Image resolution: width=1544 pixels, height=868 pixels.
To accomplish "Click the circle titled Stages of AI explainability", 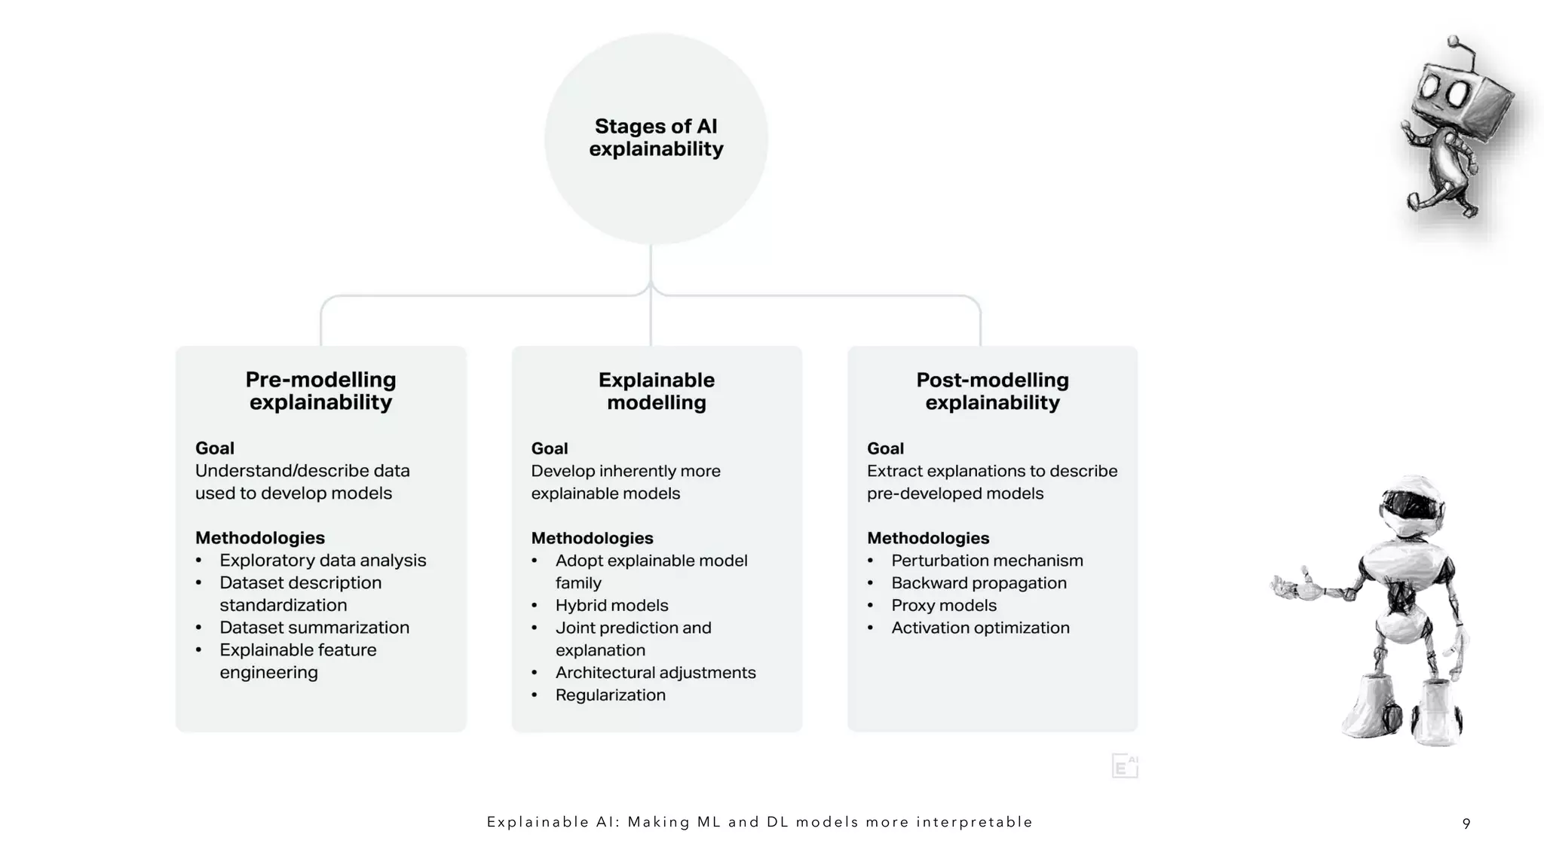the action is click(x=656, y=138).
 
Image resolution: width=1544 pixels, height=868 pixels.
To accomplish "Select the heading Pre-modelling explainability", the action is click(x=320, y=390).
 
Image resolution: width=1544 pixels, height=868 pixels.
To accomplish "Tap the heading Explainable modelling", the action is click(x=657, y=391).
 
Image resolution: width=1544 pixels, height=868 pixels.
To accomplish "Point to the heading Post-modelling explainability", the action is click(x=992, y=391).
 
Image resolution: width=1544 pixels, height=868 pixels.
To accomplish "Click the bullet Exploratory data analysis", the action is click(x=323, y=561).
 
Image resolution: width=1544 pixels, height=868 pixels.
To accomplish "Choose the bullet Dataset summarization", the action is click(x=314, y=628).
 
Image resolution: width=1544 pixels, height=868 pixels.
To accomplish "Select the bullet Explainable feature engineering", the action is click(x=298, y=661).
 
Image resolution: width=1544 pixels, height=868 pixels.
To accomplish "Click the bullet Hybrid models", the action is click(x=611, y=606).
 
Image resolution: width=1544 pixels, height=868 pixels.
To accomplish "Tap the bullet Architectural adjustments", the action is click(x=655, y=673).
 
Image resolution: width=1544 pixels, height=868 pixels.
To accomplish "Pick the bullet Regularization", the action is click(x=610, y=695).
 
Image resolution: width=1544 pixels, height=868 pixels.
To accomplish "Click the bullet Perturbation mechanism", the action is click(x=987, y=561).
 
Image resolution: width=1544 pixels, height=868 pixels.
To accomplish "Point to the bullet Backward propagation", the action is click(x=979, y=583).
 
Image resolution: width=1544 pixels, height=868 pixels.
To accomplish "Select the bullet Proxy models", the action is click(x=943, y=606).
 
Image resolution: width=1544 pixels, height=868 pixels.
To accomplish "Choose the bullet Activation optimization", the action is click(x=980, y=628).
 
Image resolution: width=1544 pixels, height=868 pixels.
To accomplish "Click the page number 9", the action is click(x=1466, y=824).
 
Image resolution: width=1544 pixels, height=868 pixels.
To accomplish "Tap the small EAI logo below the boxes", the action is click(x=1124, y=766).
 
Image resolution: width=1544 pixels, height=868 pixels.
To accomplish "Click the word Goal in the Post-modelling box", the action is click(x=885, y=448).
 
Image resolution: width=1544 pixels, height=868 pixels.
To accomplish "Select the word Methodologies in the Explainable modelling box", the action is click(x=592, y=538).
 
